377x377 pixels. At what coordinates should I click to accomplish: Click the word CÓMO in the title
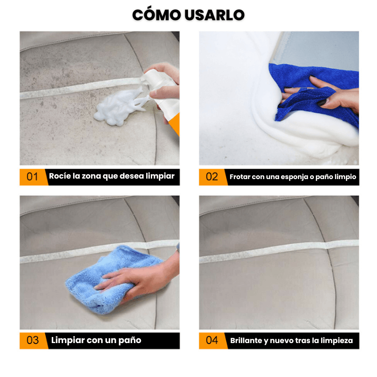coord(156,15)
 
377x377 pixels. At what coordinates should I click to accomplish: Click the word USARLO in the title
coord(215,15)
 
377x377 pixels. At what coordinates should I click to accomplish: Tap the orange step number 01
coord(32,177)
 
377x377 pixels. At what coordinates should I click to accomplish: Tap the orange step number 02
coord(212,177)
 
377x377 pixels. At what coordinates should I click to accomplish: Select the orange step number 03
coord(33,340)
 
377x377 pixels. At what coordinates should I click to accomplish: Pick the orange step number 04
coord(212,340)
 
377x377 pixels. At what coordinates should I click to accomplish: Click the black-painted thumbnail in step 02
coord(322,102)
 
